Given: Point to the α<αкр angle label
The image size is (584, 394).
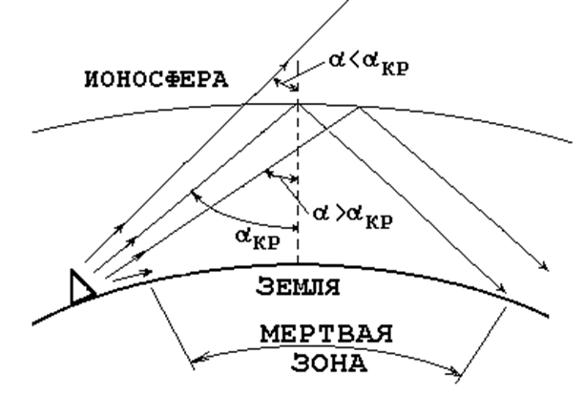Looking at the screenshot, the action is tap(360, 68).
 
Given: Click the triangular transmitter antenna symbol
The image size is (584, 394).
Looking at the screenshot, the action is tap(84, 285).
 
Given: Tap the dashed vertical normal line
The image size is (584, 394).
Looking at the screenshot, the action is tap(299, 191).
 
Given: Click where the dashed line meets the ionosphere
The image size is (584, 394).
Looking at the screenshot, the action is tap(299, 103).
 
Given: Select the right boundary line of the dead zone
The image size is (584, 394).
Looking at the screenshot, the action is tap(482, 334).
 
